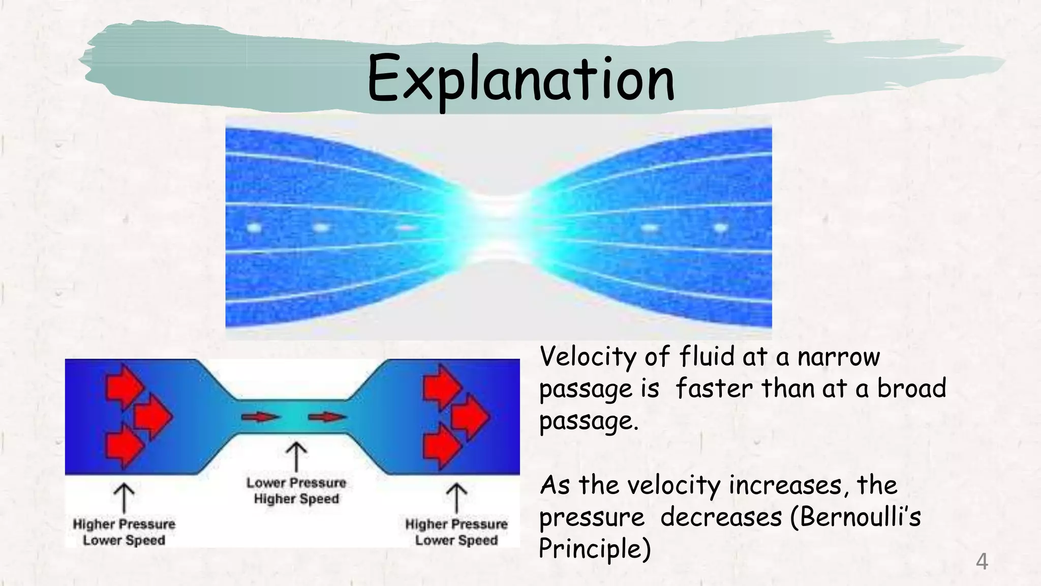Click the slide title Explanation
[x=520, y=79]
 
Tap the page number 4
[x=982, y=562]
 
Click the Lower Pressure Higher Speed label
[x=296, y=491]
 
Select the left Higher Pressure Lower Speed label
[x=124, y=532]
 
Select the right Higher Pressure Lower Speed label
[x=456, y=532]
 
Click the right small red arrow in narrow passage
[x=327, y=417]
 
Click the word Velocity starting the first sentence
[x=587, y=357]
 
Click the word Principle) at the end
[x=594, y=549]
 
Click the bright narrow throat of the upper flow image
[x=501, y=227]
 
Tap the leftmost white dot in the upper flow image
[x=254, y=227]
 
